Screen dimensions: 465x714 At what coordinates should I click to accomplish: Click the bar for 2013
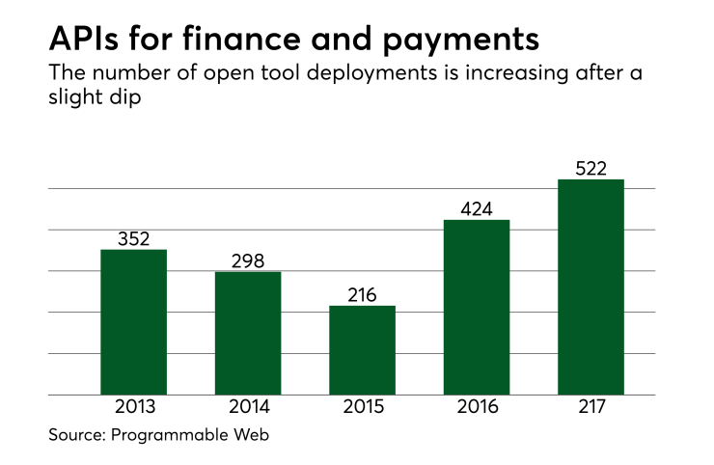point(134,322)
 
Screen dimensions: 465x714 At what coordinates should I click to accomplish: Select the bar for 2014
point(248,333)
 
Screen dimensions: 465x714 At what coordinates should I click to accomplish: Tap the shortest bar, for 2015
point(362,350)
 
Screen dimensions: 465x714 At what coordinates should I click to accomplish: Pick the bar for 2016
point(477,308)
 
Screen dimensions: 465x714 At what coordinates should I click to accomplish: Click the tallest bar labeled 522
point(591,287)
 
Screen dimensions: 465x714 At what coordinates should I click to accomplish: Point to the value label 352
point(134,238)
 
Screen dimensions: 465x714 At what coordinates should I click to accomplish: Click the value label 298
point(248,260)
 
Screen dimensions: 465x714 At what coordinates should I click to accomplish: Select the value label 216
point(363,294)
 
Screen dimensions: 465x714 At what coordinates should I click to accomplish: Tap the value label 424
point(477,208)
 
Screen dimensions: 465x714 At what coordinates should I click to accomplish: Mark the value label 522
point(591,168)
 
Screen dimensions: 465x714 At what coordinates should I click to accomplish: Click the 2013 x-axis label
point(134,407)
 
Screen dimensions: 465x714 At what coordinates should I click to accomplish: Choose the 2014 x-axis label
point(248,407)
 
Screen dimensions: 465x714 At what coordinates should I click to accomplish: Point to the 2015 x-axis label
point(363,407)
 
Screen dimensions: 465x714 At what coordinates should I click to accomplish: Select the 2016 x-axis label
point(477,407)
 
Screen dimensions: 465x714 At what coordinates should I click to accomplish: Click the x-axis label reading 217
point(591,407)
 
